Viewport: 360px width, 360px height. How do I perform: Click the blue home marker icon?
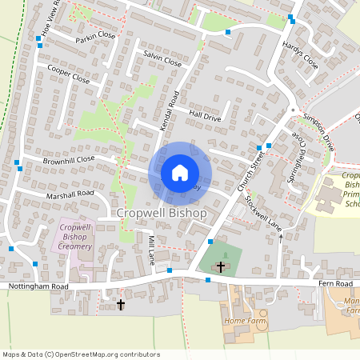180,172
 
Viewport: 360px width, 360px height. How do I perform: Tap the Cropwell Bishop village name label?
162,214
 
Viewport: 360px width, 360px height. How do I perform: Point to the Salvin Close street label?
162,62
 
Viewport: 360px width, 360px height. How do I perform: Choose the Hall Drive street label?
205,116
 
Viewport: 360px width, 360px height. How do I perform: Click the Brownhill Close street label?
69,159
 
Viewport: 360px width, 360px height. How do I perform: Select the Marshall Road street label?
70,194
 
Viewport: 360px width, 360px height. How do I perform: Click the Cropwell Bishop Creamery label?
76,237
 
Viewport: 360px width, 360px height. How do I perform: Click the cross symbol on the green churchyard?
221,267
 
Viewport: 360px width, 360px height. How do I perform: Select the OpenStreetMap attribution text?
81,354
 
